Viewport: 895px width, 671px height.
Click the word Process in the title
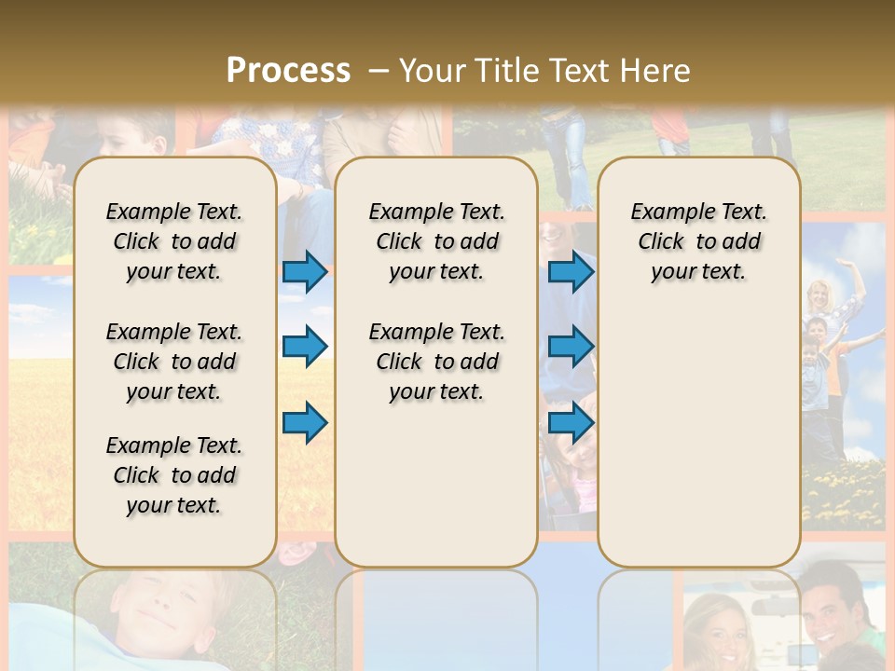click(288, 70)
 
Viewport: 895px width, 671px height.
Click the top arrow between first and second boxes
click(305, 272)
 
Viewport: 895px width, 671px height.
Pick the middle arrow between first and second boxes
click(305, 347)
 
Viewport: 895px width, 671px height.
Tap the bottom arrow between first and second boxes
click(305, 422)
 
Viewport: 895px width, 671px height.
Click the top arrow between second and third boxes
click(571, 272)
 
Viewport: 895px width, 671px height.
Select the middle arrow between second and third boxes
click(571, 347)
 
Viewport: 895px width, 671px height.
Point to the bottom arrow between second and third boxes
click(571, 422)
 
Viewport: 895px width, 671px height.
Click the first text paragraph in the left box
click(174, 241)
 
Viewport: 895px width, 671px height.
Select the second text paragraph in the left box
click(174, 362)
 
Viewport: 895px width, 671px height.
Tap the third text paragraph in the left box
click(174, 475)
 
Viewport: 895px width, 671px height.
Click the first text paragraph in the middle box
click(436, 241)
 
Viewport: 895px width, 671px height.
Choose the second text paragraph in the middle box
click(436, 362)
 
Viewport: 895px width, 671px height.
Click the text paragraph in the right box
click(698, 241)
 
